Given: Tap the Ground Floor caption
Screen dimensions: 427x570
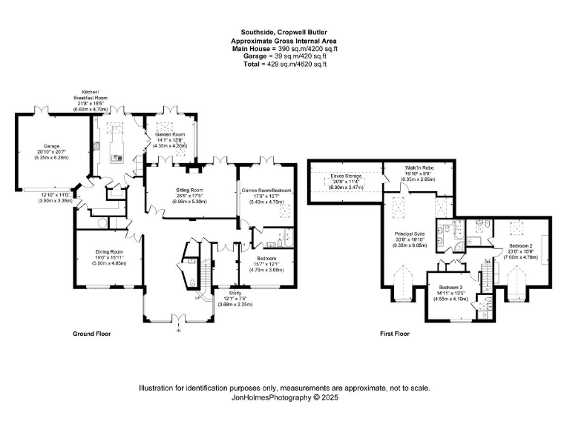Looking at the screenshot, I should click(91, 334).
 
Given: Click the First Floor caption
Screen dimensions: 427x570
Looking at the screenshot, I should click(395, 334).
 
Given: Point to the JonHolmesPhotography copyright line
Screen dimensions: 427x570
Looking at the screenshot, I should click(285, 398).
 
